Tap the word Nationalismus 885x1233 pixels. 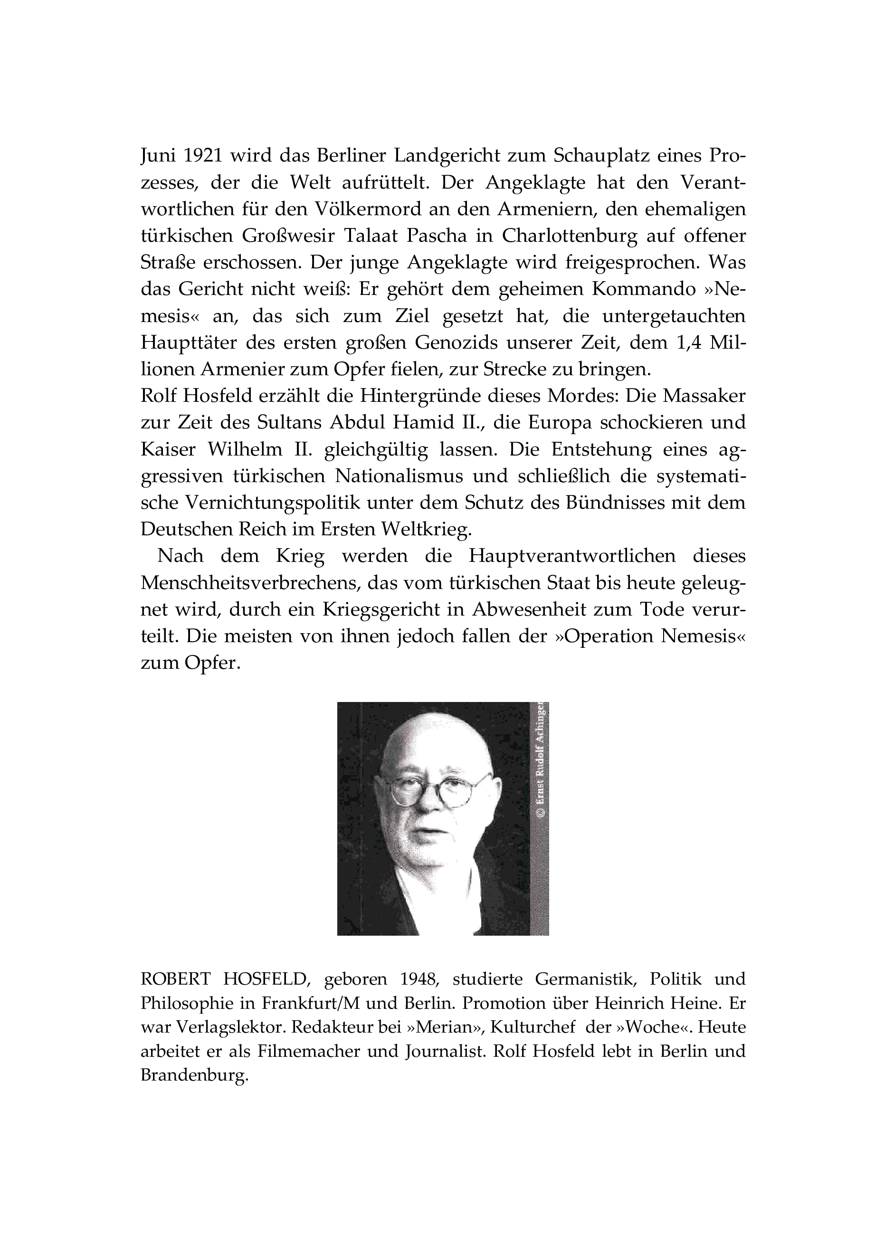pos(399,476)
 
